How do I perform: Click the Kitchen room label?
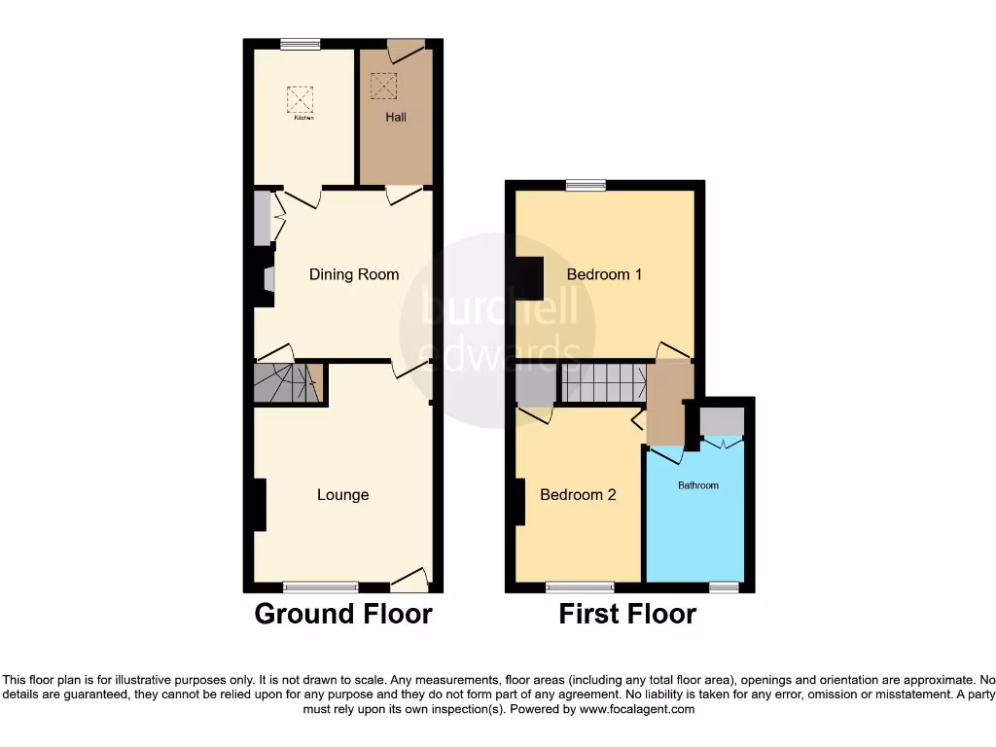point(304,118)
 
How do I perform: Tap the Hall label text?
point(396,118)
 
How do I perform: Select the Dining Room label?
point(354,274)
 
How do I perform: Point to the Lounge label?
point(343,495)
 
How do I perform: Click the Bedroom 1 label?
point(605,274)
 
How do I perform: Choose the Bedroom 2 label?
point(578,495)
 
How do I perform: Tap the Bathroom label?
point(698,485)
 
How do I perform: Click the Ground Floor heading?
point(343,615)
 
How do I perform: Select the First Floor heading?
point(627,615)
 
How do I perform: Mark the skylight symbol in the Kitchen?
point(301,99)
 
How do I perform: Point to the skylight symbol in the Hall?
point(384,86)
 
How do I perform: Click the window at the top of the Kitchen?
point(301,43)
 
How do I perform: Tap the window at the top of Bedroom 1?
point(585,185)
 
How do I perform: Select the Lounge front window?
point(321,587)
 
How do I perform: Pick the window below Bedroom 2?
point(580,587)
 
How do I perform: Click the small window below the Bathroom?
point(723,587)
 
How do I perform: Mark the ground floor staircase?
point(288,383)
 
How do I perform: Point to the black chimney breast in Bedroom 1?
point(529,278)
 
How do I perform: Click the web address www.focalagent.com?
point(637,710)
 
